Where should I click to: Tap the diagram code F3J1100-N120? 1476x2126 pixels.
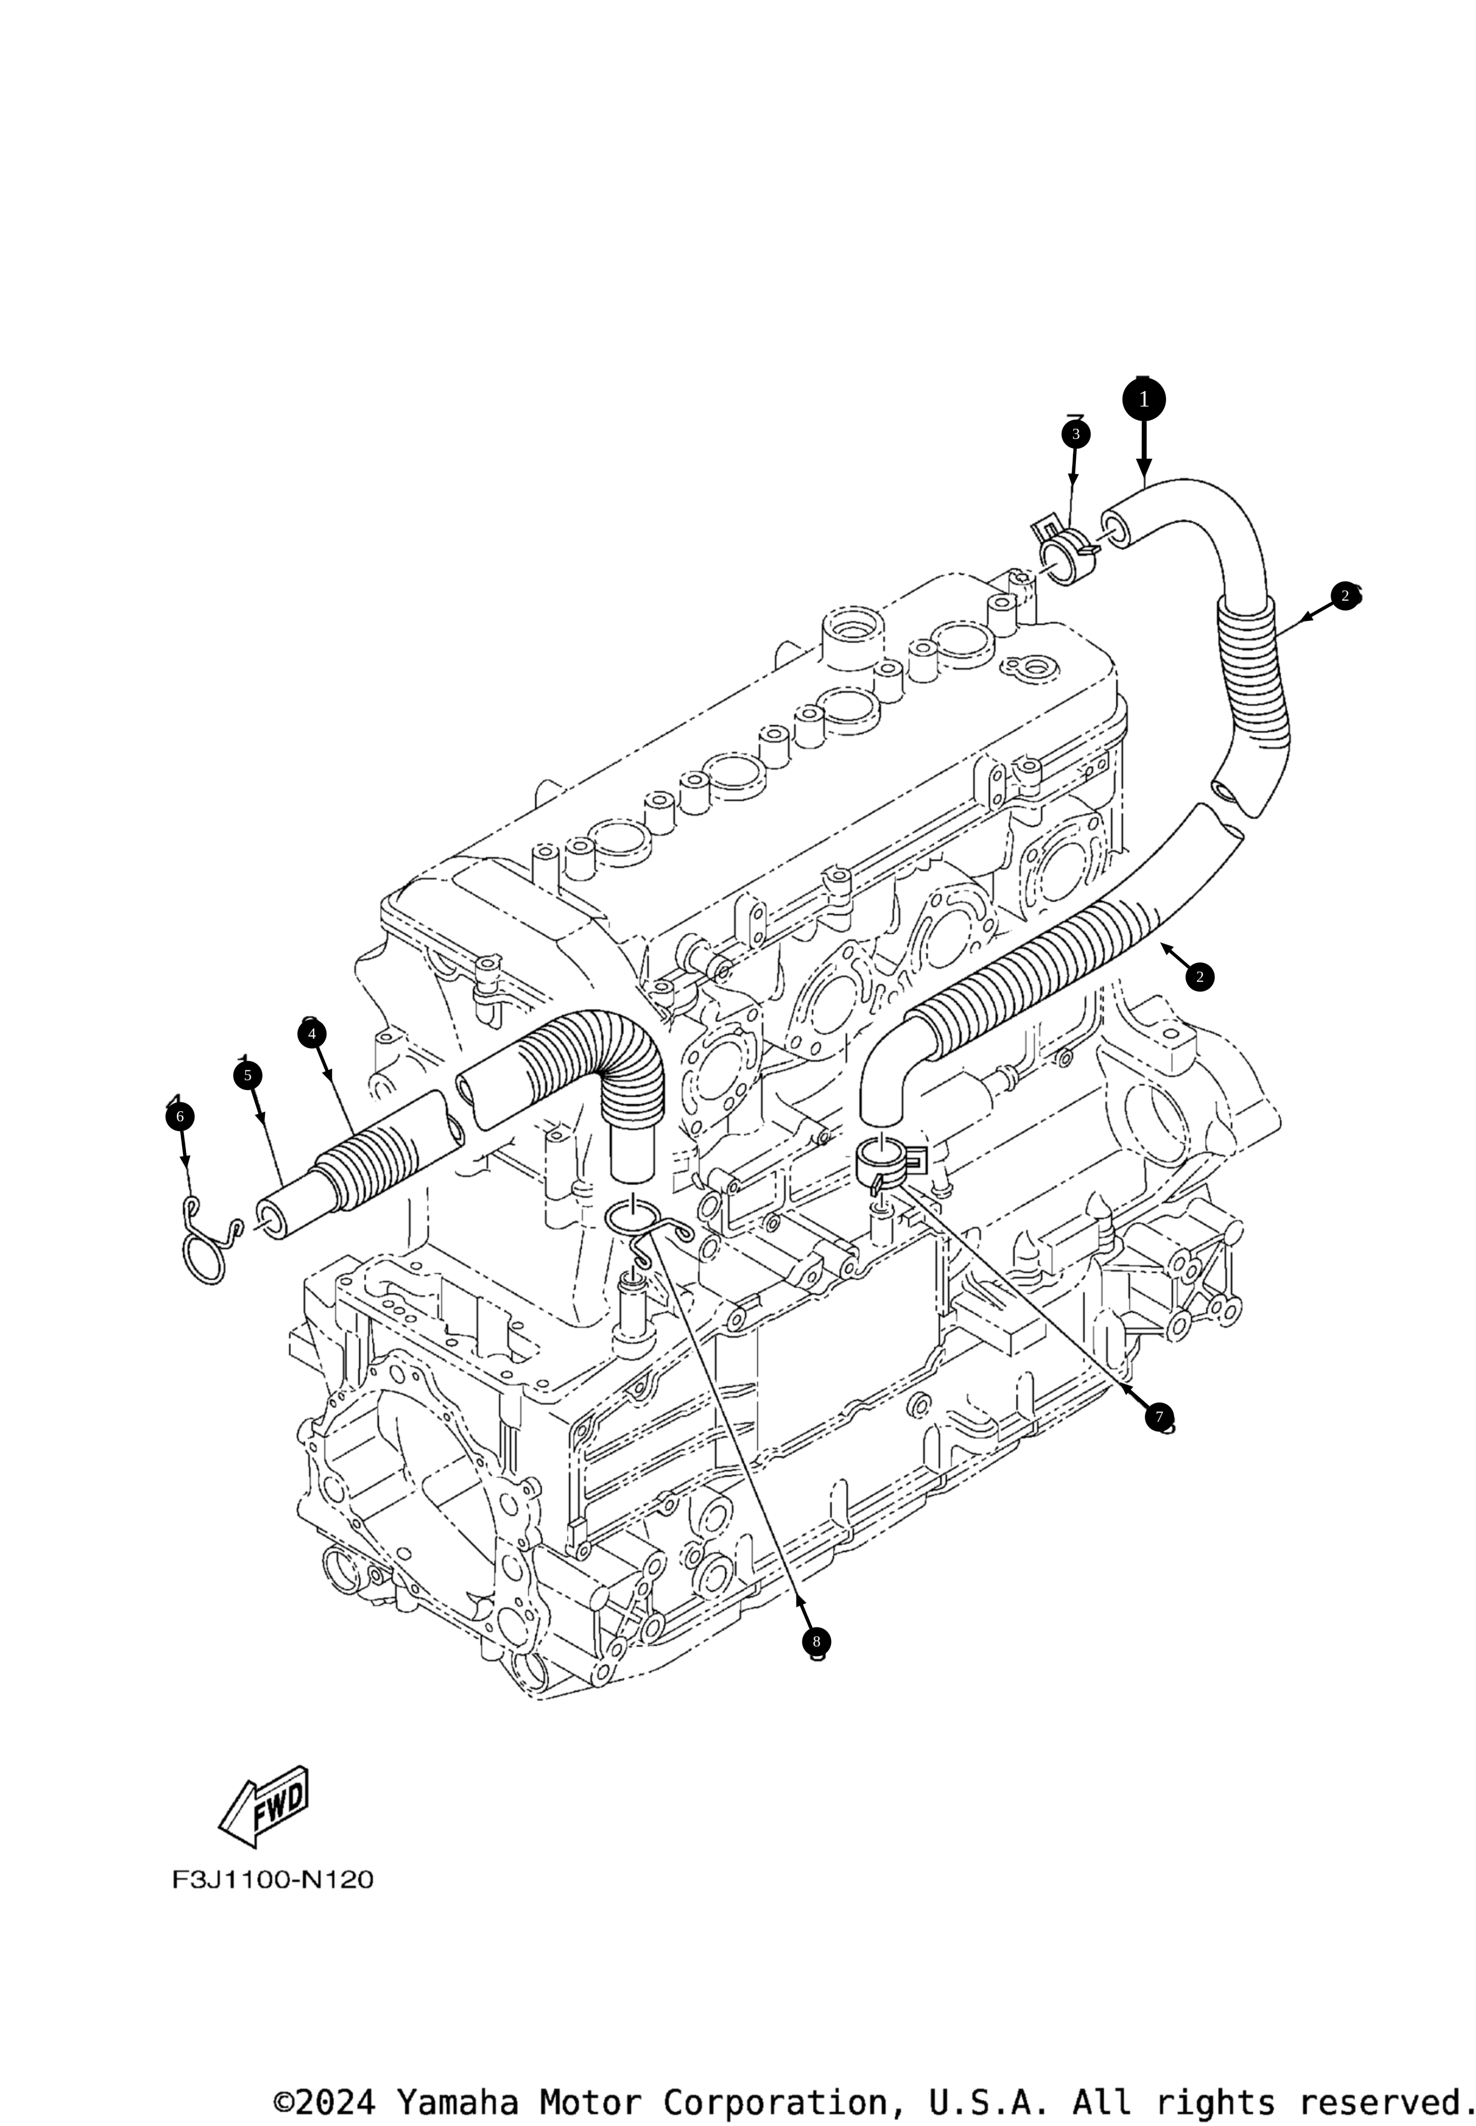point(273,1880)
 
